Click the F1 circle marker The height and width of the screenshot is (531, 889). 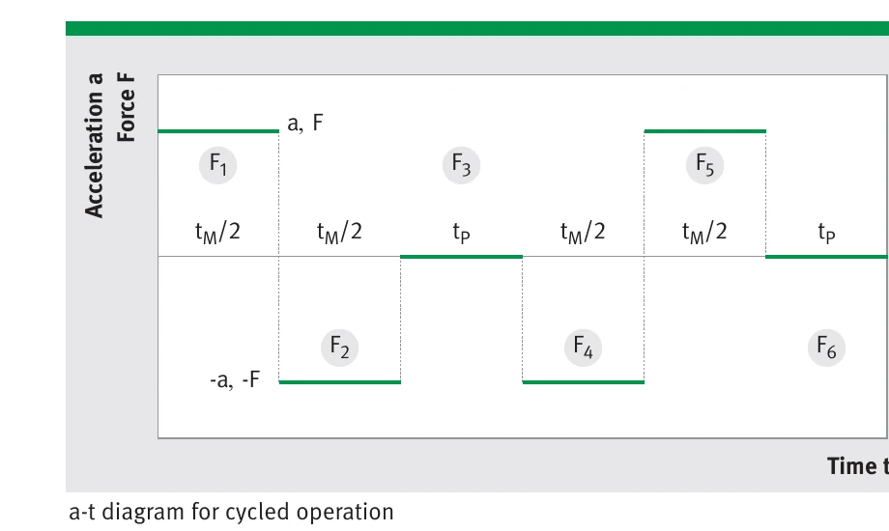point(217,165)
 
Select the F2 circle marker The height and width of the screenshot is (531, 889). point(339,348)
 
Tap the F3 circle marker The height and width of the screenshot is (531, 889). point(462,165)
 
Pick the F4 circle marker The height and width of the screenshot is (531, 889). point(583,348)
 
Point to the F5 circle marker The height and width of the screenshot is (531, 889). point(704,165)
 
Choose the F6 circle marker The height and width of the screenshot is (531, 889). point(826,348)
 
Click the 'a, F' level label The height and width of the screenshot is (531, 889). point(305,123)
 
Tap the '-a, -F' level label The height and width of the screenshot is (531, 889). point(235,379)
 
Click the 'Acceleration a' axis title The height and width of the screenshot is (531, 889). point(94,145)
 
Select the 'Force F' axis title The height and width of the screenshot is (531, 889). point(126,106)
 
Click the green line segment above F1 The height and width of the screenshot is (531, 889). point(218,131)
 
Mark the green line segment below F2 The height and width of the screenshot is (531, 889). point(339,382)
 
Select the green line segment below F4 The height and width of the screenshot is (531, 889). point(583,382)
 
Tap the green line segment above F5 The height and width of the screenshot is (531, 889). point(704,131)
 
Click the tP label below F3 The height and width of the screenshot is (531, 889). point(462,233)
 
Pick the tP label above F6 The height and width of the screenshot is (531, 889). point(826,233)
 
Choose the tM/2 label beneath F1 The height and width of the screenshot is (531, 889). point(217,233)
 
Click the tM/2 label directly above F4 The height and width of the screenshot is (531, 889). point(583,233)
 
